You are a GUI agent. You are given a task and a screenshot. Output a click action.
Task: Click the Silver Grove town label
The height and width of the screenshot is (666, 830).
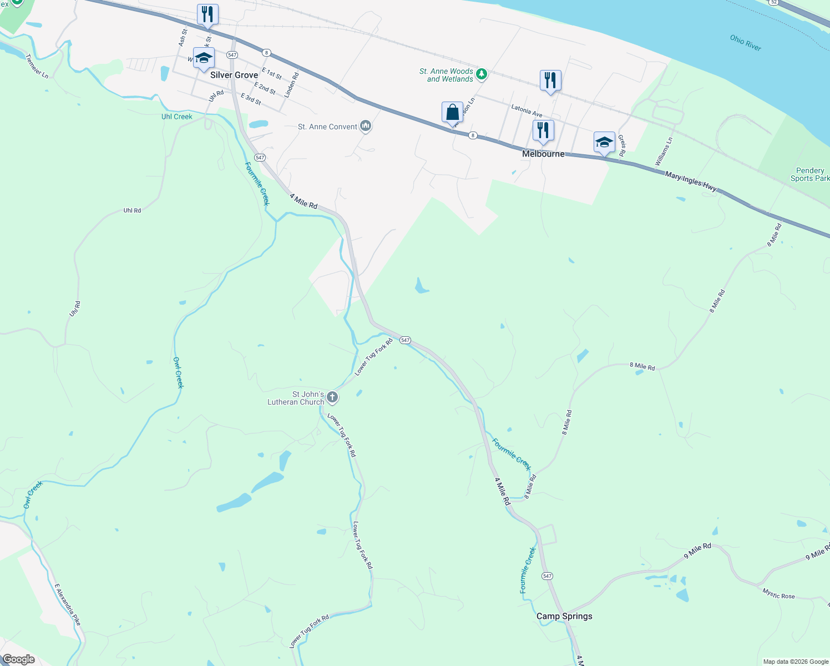click(x=234, y=75)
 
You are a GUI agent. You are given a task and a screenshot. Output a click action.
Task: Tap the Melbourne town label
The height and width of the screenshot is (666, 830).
click(x=543, y=154)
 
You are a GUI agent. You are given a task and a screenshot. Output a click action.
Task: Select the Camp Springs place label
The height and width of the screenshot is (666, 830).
click(x=564, y=616)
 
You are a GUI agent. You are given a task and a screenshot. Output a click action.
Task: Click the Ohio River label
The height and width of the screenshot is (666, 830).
click(x=745, y=43)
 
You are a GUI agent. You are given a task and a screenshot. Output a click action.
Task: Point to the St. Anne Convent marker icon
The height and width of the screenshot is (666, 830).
click(x=366, y=127)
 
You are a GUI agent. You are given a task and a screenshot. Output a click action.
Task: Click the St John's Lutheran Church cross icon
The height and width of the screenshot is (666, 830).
click(x=332, y=397)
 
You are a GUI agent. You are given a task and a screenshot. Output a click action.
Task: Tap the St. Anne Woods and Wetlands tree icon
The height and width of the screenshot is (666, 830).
click(x=482, y=74)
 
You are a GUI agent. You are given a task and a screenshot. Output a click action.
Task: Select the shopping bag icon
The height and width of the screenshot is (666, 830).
click(x=453, y=112)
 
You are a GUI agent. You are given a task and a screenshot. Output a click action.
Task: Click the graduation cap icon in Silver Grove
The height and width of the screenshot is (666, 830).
click(x=204, y=58)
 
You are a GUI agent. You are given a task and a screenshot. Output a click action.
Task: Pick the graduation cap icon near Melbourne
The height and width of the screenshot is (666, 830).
click(x=604, y=143)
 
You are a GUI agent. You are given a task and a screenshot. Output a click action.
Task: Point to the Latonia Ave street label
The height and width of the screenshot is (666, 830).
click(x=527, y=111)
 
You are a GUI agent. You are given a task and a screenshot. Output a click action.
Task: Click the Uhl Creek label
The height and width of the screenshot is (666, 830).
click(x=176, y=117)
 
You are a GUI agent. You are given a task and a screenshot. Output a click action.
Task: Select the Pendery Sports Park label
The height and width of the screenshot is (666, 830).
click(x=809, y=174)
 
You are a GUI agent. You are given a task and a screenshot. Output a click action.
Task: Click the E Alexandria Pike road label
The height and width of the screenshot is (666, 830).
click(x=68, y=604)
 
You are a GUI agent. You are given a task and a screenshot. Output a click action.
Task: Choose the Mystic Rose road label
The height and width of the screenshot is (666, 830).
click(x=778, y=594)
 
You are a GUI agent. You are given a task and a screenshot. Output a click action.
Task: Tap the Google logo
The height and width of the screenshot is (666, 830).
click(x=19, y=659)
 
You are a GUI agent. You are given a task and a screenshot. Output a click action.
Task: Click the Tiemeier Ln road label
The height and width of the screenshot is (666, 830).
click(x=37, y=66)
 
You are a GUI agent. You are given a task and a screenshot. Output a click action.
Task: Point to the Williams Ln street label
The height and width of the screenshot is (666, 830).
click(x=664, y=151)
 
